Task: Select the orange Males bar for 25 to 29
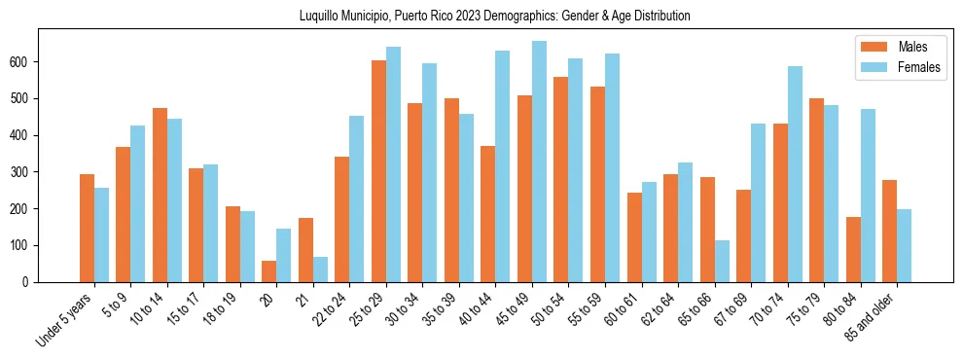(378, 171)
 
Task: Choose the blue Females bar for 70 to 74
(795, 174)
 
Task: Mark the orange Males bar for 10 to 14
(160, 195)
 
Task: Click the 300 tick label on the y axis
(24, 172)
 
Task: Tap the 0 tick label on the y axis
(30, 282)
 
